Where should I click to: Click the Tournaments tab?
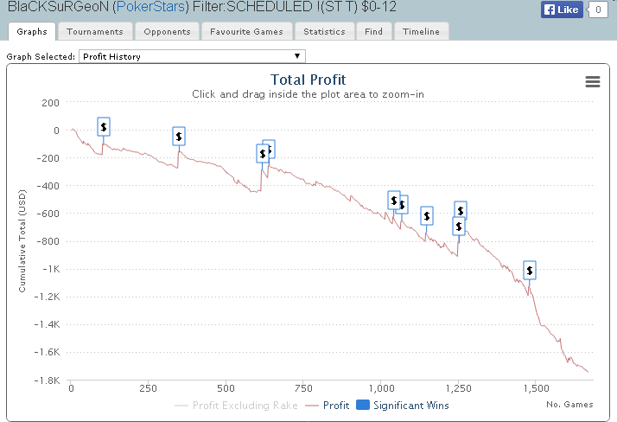(95, 32)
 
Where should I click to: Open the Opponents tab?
(168, 32)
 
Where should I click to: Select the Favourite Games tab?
(247, 32)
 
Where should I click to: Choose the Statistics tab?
(324, 32)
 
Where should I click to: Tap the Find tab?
(373, 32)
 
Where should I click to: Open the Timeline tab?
(420, 32)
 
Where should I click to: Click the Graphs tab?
(33, 32)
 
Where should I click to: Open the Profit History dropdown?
(191, 56)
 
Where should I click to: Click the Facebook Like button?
(563, 10)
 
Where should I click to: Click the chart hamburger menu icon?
(593, 81)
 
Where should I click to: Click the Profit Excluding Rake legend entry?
(236, 405)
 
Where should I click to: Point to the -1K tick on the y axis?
(49, 269)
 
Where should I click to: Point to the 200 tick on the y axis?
(50, 103)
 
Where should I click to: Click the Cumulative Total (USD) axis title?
(23, 241)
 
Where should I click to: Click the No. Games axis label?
(567, 403)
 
